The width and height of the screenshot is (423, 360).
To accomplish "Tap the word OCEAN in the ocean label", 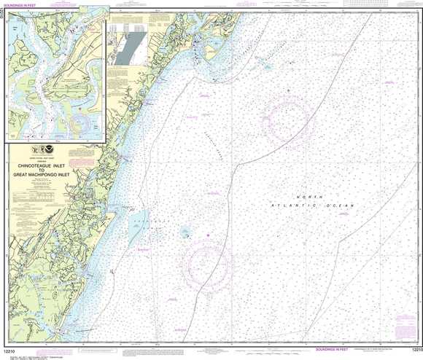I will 343,206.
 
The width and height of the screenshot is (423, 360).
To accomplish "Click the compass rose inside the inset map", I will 79,109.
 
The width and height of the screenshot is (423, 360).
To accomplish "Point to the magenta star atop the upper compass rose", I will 288,90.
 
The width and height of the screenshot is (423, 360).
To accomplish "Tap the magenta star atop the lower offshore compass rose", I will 209,235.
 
